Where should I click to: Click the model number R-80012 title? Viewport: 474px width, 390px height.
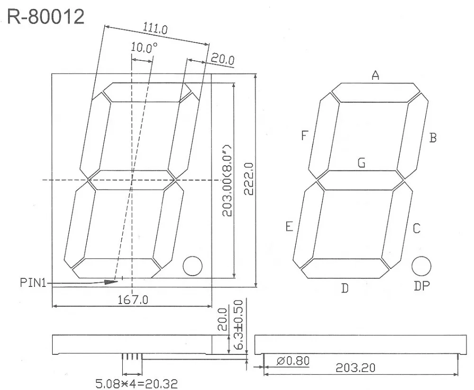[x=46, y=18]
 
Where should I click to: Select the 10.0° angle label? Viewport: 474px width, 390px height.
[x=144, y=48]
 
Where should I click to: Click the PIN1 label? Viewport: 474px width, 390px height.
[x=33, y=284]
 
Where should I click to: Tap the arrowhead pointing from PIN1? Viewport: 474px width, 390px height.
[x=111, y=282]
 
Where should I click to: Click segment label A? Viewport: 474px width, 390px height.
[x=375, y=75]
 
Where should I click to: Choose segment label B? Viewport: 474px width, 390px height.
[x=432, y=138]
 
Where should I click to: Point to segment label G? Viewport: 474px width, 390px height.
[x=361, y=163]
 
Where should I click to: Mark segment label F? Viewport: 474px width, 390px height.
[x=305, y=136]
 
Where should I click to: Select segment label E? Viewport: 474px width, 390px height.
[x=289, y=227]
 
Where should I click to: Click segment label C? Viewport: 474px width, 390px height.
[x=416, y=229]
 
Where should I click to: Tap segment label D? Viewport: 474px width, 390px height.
[x=345, y=288]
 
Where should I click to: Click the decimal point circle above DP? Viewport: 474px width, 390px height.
[x=420, y=266]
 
